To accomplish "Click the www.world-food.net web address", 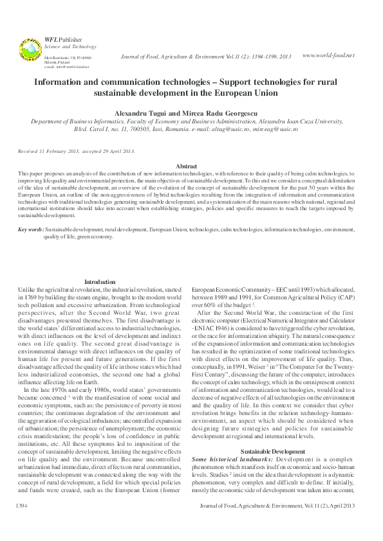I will tap(328, 55).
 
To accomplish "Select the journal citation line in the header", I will tap(206, 57).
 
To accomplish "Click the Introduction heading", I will tap(100, 282).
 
